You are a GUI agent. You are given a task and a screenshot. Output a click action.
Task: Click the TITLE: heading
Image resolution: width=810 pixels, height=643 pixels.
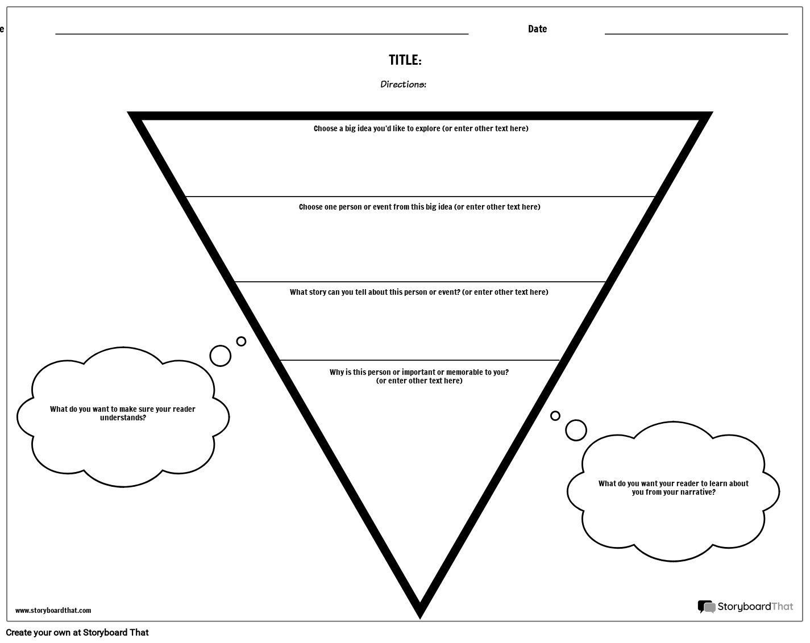(405, 60)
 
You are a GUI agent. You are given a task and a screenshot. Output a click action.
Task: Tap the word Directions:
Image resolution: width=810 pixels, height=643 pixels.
(403, 84)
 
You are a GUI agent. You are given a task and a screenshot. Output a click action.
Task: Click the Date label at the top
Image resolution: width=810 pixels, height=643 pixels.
(537, 29)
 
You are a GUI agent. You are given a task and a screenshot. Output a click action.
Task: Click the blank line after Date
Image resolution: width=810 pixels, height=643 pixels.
(696, 34)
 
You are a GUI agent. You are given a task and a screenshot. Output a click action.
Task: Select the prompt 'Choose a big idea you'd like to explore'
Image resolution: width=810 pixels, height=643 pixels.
(421, 129)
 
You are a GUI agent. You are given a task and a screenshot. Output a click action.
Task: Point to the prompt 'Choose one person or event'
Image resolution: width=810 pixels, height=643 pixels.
(419, 207)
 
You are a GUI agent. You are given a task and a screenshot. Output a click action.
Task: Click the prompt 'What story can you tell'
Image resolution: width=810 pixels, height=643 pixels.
(419, 292)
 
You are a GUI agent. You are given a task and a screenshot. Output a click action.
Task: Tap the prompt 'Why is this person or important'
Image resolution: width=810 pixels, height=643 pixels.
(419, 376)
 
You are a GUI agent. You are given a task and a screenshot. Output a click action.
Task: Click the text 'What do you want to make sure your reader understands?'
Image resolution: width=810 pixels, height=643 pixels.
(123, 413)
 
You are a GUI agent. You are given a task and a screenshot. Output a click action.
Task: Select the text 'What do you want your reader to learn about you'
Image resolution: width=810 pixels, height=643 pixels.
(674, 487)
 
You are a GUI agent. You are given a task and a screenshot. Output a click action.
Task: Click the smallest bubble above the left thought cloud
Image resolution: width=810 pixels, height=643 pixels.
(241, 341)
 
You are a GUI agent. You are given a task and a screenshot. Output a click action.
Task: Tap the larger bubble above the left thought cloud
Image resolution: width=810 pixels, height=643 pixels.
(220, 356)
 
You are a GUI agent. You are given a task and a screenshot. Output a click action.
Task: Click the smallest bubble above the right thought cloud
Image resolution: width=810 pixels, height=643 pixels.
(555, 416)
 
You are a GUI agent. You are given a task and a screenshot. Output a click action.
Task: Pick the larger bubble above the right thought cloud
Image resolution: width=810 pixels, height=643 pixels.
(576, 430)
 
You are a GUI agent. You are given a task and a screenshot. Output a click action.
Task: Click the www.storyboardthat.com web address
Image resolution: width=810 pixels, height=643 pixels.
(53, 610)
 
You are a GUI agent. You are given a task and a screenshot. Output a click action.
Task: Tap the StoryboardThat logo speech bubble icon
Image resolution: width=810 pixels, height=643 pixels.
(707, 607)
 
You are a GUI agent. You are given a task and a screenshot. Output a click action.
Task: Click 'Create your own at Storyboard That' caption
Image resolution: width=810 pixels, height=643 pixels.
(77, 632)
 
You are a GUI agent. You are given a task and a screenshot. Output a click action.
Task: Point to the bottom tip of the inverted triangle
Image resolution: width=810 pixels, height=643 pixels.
(420, 619)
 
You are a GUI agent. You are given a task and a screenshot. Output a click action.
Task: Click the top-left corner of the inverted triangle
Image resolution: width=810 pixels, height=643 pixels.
(127, 112)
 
